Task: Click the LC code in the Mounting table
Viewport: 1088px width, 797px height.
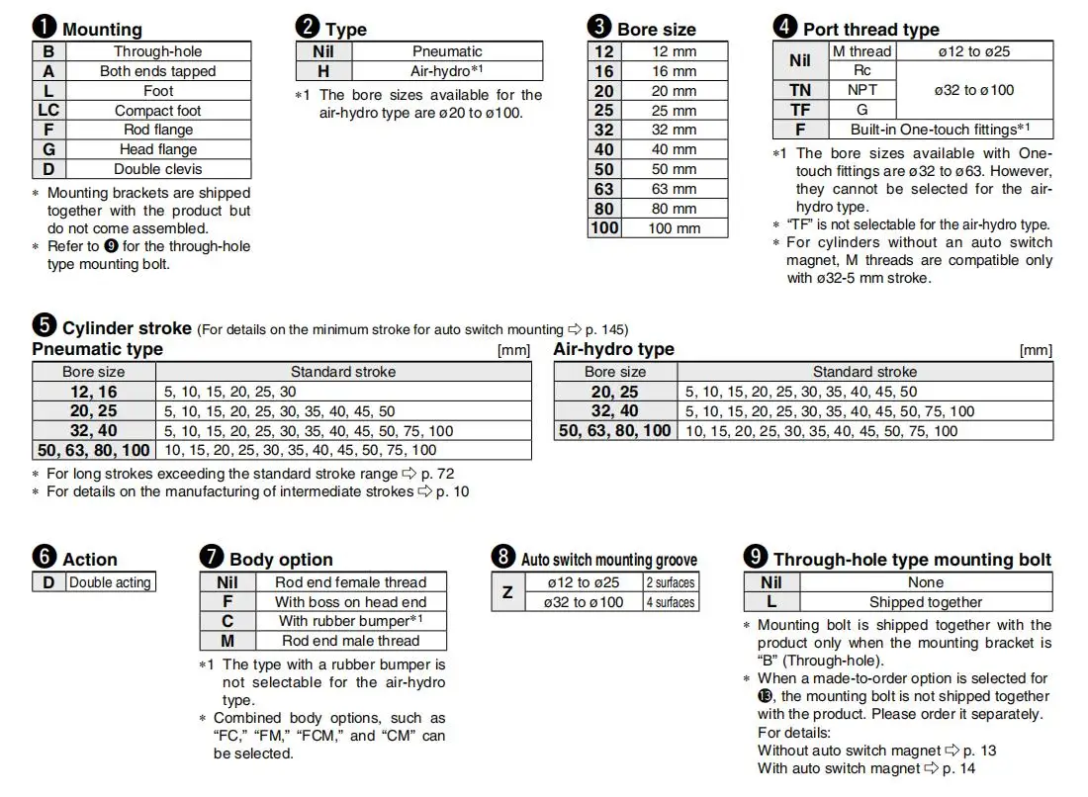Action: [x=48, y=111]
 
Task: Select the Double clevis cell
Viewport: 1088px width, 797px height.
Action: [x=157, y=169]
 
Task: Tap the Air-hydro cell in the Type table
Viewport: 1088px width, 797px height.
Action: [x=446, y=71]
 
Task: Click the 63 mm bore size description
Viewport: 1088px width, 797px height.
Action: [x=674, y=189]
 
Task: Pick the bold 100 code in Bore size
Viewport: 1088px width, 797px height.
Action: [x=604, y=228]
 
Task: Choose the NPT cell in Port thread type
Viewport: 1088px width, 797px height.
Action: [x=861, y=90]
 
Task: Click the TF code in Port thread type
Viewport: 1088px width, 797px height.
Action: [x=800, y=110]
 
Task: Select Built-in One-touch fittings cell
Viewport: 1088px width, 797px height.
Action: [x=940, y=130]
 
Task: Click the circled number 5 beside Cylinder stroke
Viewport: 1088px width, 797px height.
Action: [x=44, y=326]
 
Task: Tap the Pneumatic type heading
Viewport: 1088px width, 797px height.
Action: [x=97, y=349]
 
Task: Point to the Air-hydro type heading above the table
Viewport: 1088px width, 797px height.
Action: [x=613, y=349]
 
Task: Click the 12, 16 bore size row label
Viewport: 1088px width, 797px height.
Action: [x=94, y=392]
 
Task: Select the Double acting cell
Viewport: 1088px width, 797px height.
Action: [x=110, y=582]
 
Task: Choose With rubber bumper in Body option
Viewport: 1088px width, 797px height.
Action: [x=350, y=621]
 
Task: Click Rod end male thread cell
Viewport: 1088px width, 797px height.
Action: [x=350, y=641]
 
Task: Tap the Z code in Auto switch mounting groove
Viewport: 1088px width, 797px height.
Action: [x=507, y=592]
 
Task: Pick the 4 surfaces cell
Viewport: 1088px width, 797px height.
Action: [x=671, y=602]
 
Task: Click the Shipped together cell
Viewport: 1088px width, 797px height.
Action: [x=926, y=602]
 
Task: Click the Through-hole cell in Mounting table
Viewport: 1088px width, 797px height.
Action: [x=157, y=51]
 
